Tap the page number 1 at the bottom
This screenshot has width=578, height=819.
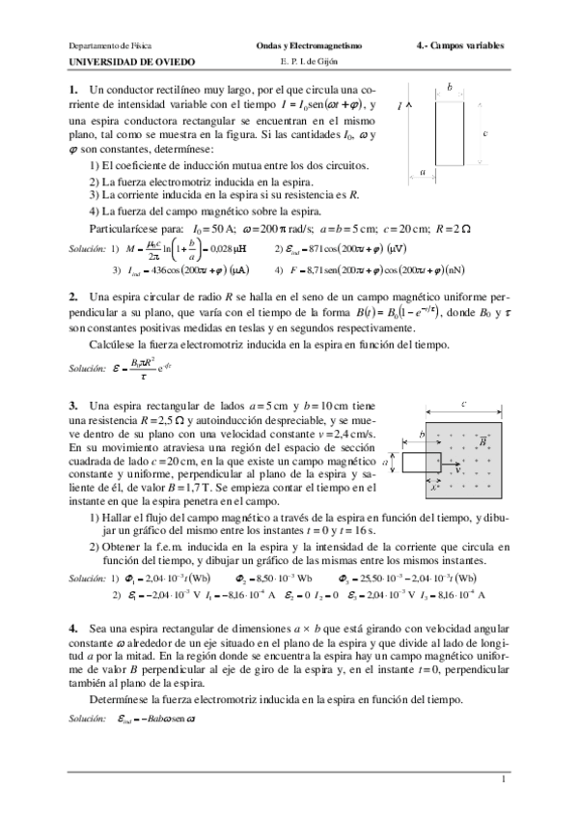click(503, 777)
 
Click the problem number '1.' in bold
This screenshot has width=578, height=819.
click(73, 91)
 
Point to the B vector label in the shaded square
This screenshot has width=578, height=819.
click(482, 440)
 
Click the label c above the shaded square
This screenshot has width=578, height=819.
click(464, 403)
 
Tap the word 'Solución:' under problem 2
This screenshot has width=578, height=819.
click(87, 369)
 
